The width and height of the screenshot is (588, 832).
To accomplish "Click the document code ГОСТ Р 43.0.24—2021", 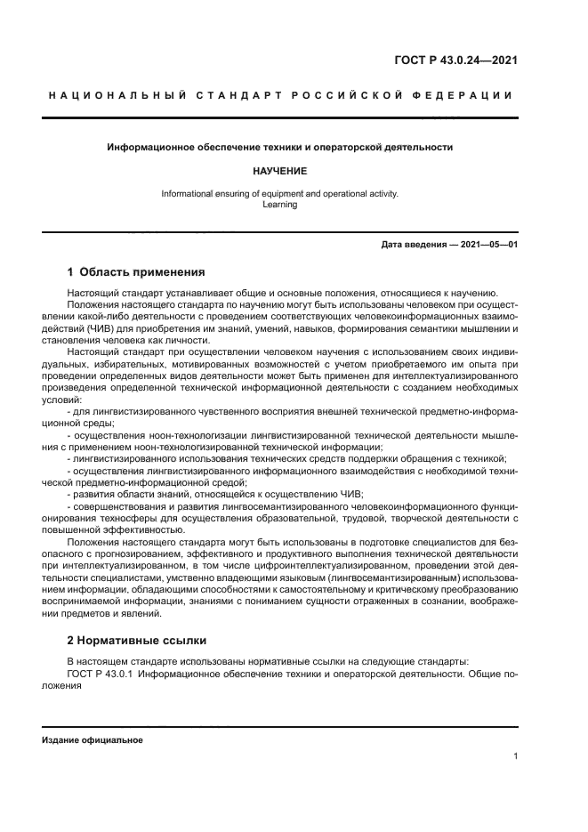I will (x=456, y=61).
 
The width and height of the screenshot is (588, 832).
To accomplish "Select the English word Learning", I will (x=279, y=204).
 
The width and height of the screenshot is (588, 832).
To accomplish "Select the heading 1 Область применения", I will (x=136, y=272).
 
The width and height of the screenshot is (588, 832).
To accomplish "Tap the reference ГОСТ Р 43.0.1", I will (x=100, y=674).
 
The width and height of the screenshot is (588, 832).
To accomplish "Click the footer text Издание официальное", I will (x=92, y=739).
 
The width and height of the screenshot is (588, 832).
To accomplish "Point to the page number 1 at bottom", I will (x=515, y=756).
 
